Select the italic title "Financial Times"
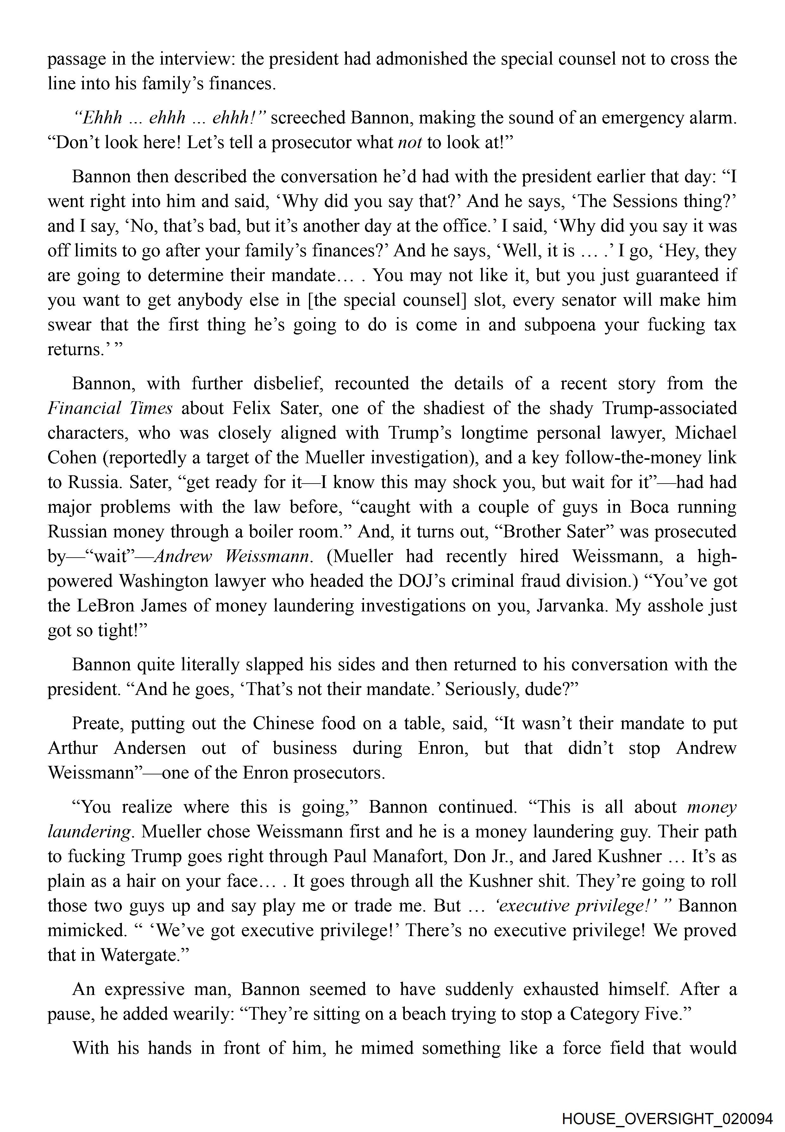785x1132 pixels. (x=110, y=409)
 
